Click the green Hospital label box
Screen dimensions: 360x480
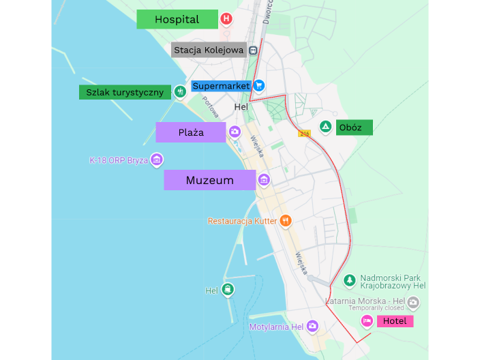coord(177,19)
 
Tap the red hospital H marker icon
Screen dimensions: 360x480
coord(226,20)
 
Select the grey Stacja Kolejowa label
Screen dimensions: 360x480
coord(208,50)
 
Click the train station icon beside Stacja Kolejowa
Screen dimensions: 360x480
coord(253,50)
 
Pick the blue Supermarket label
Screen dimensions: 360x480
coord(222,86)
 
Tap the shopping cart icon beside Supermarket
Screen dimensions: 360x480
coord(259,86)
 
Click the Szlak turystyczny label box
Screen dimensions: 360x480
coord(125,92)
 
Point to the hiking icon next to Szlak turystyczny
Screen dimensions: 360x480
coord(180,91)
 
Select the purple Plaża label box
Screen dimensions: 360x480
coord(191,132)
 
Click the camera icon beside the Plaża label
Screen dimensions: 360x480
coord(235,132)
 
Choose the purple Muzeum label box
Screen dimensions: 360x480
coord(209,180)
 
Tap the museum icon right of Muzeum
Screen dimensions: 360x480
coord(264,179)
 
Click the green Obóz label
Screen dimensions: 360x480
coord(355,127)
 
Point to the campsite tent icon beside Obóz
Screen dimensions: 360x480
coord(326,126)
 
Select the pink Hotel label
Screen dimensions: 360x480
coord(395,321)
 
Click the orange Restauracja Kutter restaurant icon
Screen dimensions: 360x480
coord(286,221)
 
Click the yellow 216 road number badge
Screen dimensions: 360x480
coord(304,134)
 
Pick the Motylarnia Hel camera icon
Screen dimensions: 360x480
coord(312,327)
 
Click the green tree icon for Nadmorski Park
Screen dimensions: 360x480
coord(349,280)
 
